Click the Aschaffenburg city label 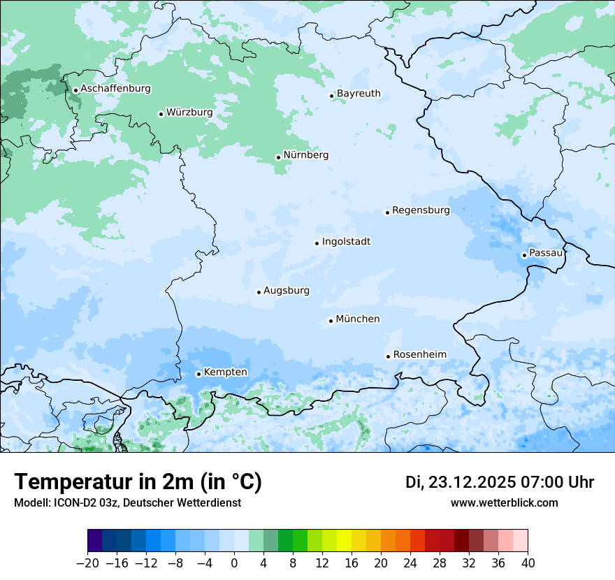point(115,89)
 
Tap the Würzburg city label point(189,113)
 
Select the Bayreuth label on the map point(359,94)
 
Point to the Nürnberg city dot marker point(278,157)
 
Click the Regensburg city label point(421,210)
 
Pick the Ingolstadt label point(346,242)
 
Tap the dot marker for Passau point(524,255)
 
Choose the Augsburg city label point(287,291)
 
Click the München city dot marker point(331,321)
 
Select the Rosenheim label point(419,355)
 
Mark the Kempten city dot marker point(199,374)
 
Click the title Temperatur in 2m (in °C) point(138,482)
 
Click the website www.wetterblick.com point(504,503)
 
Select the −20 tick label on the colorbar point(87,563)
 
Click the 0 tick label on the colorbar point(234,563)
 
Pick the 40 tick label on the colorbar point(528,563)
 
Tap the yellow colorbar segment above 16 point(344,542)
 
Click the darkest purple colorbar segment point(95,542)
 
